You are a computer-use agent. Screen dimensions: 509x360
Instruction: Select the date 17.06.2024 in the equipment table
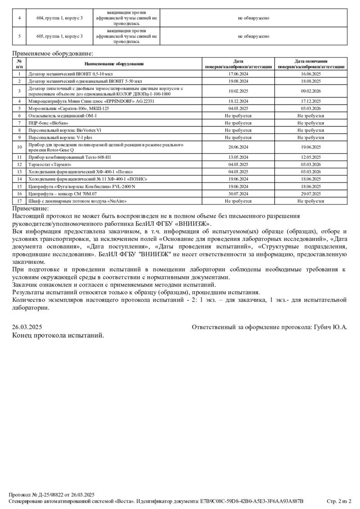238,74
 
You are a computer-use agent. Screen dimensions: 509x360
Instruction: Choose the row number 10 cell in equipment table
19,147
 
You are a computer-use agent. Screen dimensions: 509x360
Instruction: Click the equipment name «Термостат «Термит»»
50,165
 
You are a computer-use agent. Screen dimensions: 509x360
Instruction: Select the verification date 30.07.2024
238,193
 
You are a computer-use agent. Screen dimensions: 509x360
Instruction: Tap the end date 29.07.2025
311,193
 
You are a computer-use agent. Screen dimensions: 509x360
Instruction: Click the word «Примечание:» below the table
31,208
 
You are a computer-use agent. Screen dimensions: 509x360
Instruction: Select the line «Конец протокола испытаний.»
58,335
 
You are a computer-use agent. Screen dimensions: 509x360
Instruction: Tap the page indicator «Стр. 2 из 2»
338,501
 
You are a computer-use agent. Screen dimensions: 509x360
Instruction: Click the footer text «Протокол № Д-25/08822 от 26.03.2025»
52,494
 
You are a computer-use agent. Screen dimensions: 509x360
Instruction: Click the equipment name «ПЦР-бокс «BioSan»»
49,123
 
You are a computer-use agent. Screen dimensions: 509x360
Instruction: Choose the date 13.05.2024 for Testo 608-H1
238,157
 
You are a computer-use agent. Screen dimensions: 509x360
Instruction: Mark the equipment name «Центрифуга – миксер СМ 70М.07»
63,193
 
